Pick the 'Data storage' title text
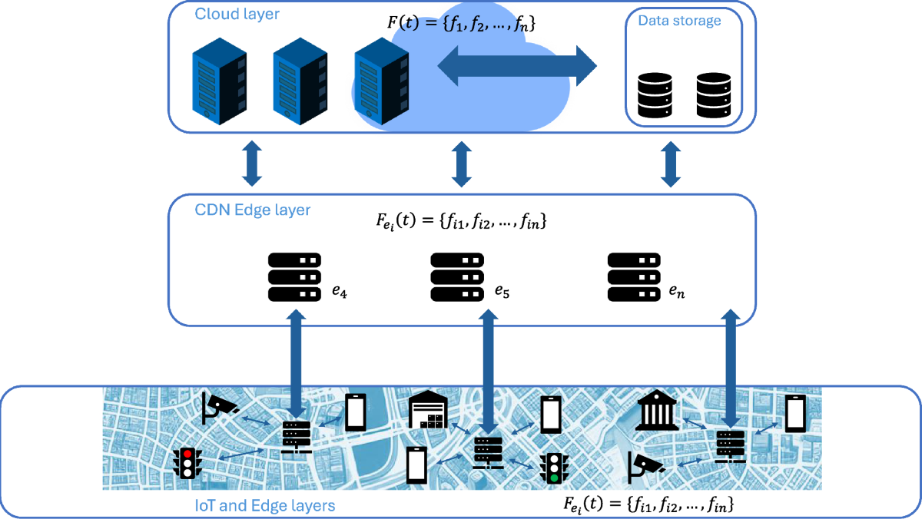(680, 21)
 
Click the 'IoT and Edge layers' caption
(265, 505)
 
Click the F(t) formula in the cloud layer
(461, 24)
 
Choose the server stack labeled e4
(295, 277)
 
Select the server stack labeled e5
(458, 277)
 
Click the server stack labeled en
(635, 277)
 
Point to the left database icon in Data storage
(655, 95)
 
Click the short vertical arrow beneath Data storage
(672, 164)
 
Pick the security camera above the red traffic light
(219, 408)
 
